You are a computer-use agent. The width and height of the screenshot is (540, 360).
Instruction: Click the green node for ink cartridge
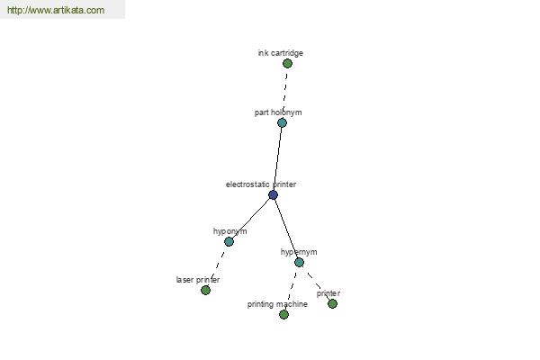point(287,63)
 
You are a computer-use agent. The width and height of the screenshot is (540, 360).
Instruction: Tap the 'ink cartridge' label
point(280,53)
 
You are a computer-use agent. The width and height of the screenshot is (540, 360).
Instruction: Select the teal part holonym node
point(282,122)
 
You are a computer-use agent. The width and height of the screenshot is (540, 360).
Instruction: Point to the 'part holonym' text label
point(278,112)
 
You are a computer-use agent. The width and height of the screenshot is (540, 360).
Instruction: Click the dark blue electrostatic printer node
point(273,195)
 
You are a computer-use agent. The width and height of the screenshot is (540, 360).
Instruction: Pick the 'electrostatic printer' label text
point(261,184)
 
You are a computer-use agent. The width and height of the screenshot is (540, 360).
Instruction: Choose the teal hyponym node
point(229,242)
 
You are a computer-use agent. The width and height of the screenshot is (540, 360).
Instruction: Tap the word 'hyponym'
point(229,231)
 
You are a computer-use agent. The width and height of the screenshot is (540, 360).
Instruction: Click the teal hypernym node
point(300,263)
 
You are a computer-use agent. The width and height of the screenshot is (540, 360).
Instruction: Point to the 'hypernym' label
point(299,252)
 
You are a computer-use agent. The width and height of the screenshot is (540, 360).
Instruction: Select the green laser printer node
point(205,291)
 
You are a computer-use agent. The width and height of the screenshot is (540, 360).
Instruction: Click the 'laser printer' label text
point(198,280)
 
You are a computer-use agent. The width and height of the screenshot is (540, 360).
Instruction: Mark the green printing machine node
point(283,314)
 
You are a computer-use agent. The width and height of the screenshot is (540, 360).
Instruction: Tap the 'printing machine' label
point(277,304)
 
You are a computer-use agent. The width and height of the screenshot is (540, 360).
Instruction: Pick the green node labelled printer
point(332,304)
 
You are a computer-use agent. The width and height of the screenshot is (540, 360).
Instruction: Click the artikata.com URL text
point(56,10)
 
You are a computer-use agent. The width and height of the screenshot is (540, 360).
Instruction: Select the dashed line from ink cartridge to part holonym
point(284,93)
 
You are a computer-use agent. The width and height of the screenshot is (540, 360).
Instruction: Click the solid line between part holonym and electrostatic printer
point(277,158)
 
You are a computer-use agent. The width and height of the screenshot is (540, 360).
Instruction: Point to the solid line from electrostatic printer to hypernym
point(286,229)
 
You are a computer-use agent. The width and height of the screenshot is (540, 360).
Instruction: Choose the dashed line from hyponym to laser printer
point(217,266)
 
